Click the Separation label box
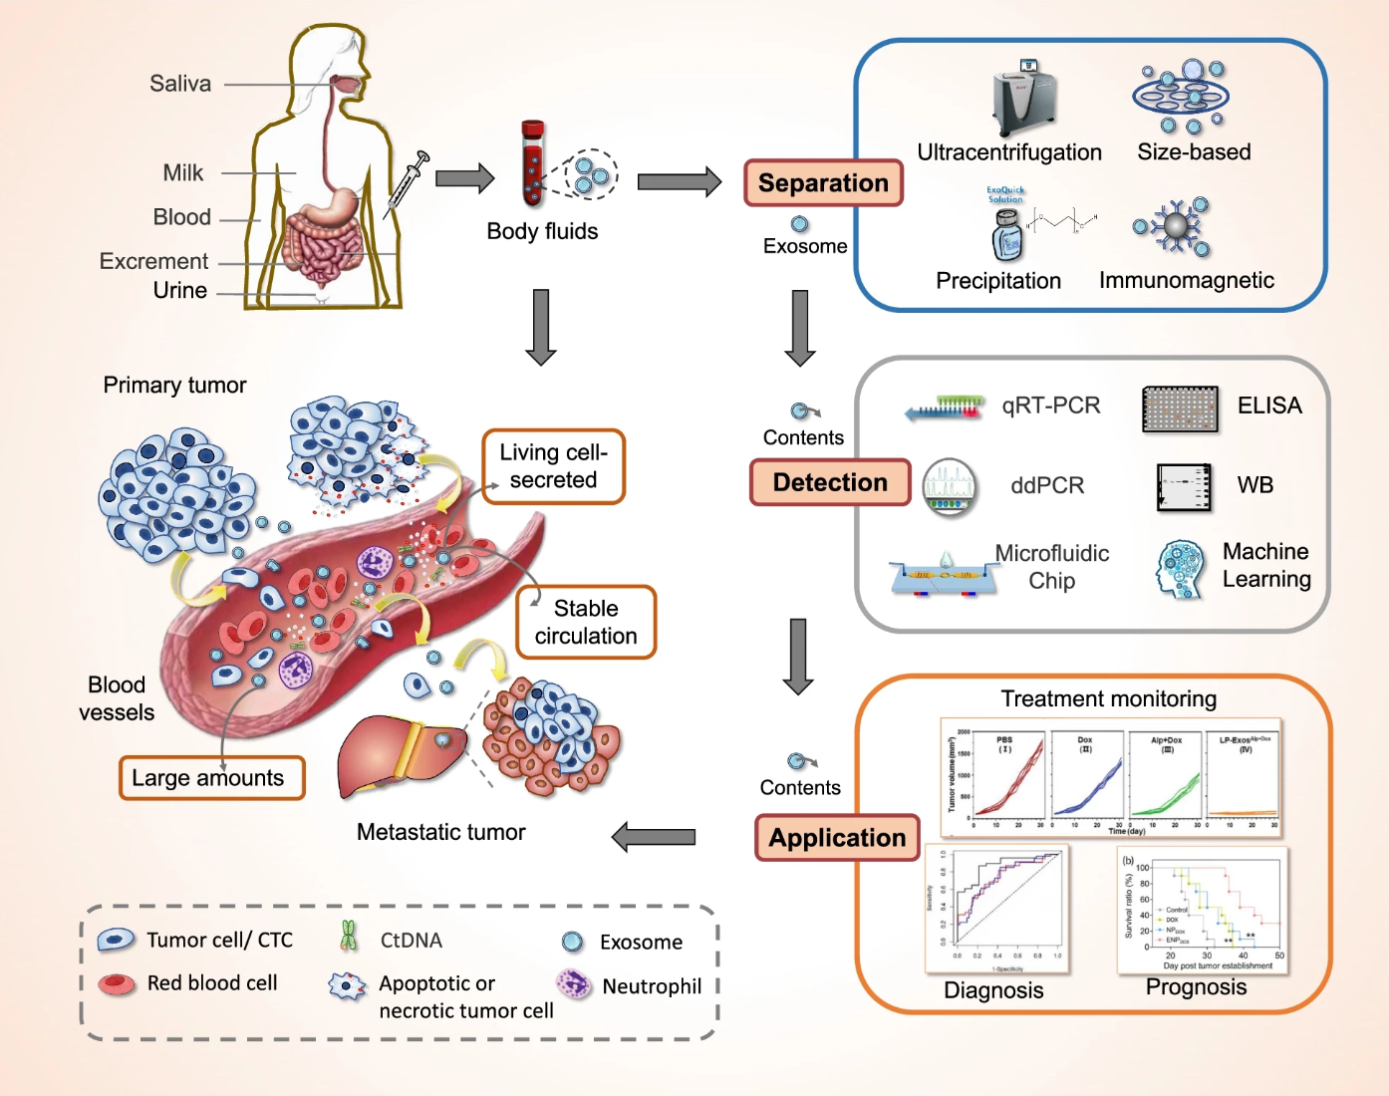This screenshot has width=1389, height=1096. point(823,183)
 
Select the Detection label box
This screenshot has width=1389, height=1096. point(830,482)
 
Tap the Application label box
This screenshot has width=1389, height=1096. point(837,838)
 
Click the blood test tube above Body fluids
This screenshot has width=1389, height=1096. point(533,163)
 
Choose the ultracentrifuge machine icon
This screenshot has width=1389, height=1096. point(1024,100)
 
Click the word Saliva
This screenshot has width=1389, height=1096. point(180,84)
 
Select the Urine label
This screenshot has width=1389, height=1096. point(180,291)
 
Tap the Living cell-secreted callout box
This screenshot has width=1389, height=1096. point(554,466)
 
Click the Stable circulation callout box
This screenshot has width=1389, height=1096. point(586,623)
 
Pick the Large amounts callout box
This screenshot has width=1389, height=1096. point(211,778)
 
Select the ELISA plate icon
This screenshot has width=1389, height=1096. point(1180,409)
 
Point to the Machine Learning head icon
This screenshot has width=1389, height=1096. point(1181,569)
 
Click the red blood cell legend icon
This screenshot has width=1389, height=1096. point(118,984)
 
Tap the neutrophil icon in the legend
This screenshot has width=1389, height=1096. point(574,984)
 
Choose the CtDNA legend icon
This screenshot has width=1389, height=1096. point(348,937)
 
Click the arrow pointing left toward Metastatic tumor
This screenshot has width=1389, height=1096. point(654,837)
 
